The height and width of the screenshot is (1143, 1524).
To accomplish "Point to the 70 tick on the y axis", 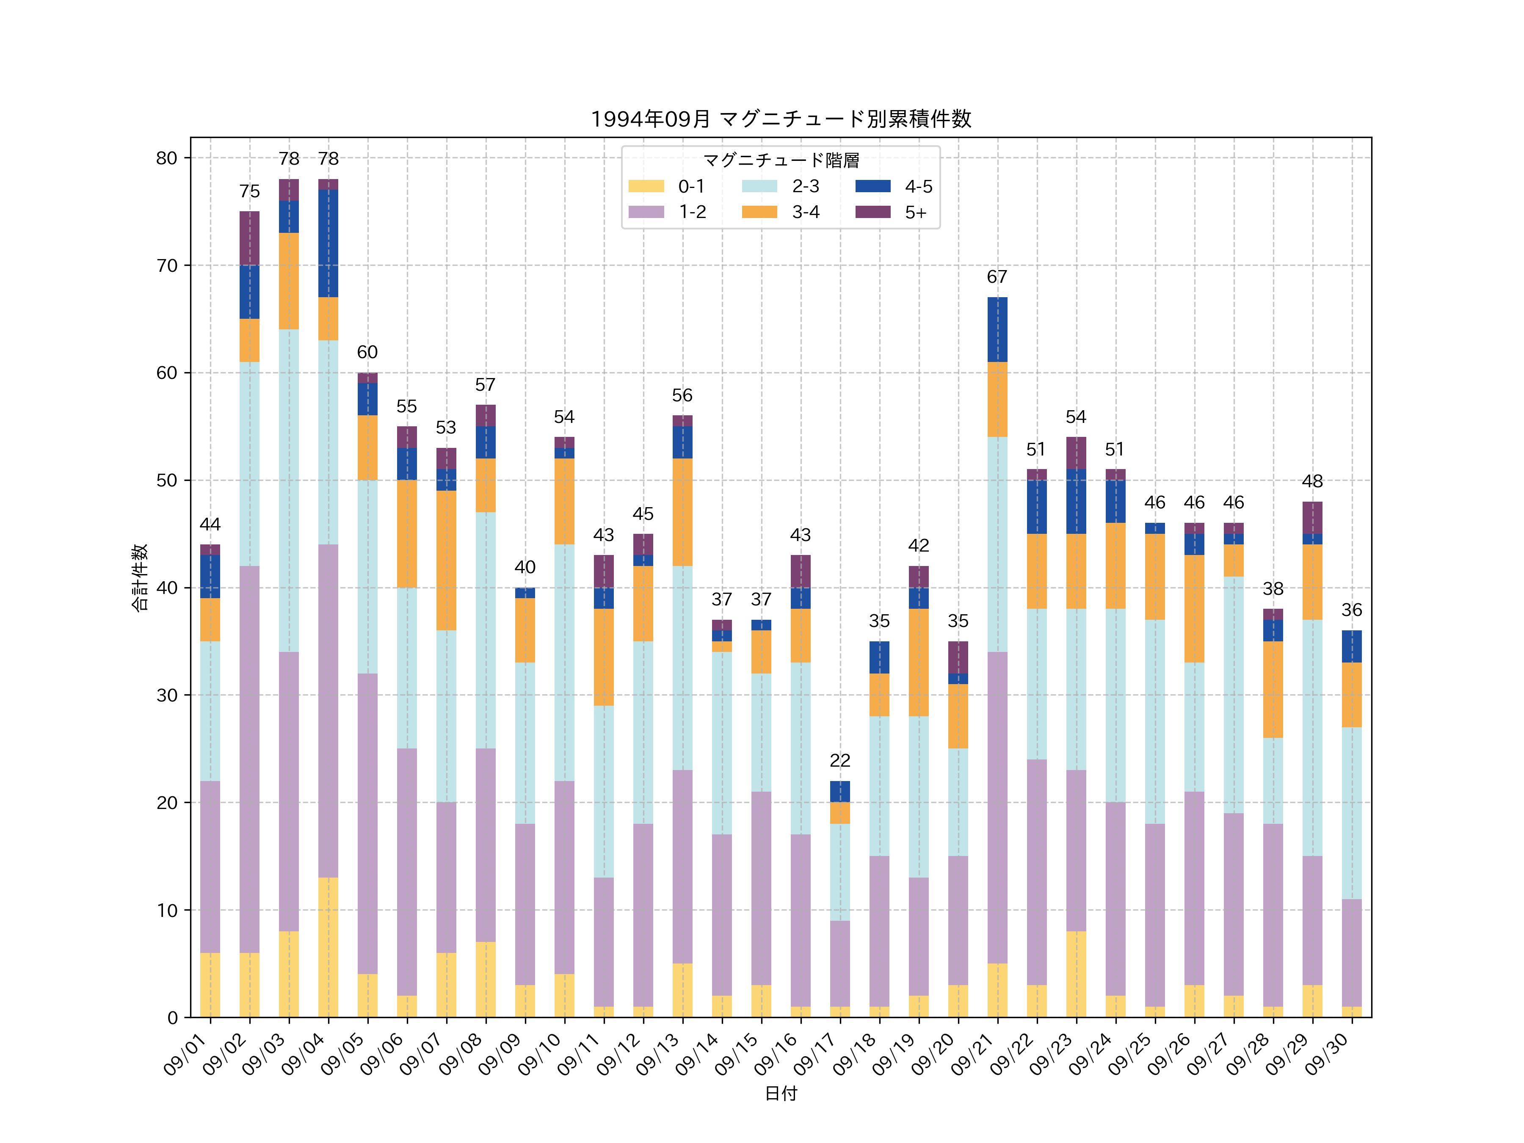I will (x=167, y=265).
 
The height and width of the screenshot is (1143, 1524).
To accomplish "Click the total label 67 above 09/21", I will (x=997, y=277).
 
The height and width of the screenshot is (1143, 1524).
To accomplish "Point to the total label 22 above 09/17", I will (x=840, y=761).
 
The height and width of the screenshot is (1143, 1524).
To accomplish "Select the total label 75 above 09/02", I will (x=249, y=191).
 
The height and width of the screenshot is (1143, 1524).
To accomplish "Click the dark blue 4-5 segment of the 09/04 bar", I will (x=329, y=243).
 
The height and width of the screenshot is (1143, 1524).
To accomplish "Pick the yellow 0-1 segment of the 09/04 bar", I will (x=329, y=947).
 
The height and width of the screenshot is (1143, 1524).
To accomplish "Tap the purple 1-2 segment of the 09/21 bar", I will (x=997, y=807).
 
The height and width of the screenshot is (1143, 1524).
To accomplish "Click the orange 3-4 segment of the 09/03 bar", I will (x=289, y=281).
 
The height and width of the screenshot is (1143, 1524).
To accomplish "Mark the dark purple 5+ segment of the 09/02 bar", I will (x=249, y=238).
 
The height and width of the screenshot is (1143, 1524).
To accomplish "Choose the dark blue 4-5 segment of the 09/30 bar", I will (x=1352, y=646).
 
